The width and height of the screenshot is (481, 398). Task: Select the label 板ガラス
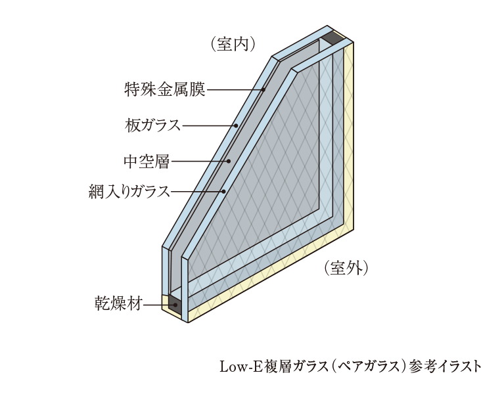click(152, 124)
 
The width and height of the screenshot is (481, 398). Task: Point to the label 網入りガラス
click(129, 191)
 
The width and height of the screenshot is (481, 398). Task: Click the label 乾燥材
click(118, 305)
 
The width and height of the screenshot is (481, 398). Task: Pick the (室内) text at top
click(233, 44)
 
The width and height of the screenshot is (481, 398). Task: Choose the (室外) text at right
click(346, 268)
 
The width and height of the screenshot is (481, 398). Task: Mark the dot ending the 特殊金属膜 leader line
click(263, 89)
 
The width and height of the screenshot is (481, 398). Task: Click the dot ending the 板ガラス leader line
click(235, 124)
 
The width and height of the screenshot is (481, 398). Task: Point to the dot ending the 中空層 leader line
click(229, 160)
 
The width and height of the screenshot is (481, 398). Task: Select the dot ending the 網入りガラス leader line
click(224, 191)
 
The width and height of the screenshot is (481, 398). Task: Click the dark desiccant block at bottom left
click(175, 304)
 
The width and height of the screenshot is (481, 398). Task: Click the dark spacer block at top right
click(334, 39)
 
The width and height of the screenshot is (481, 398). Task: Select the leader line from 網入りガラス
click(197, 191)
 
